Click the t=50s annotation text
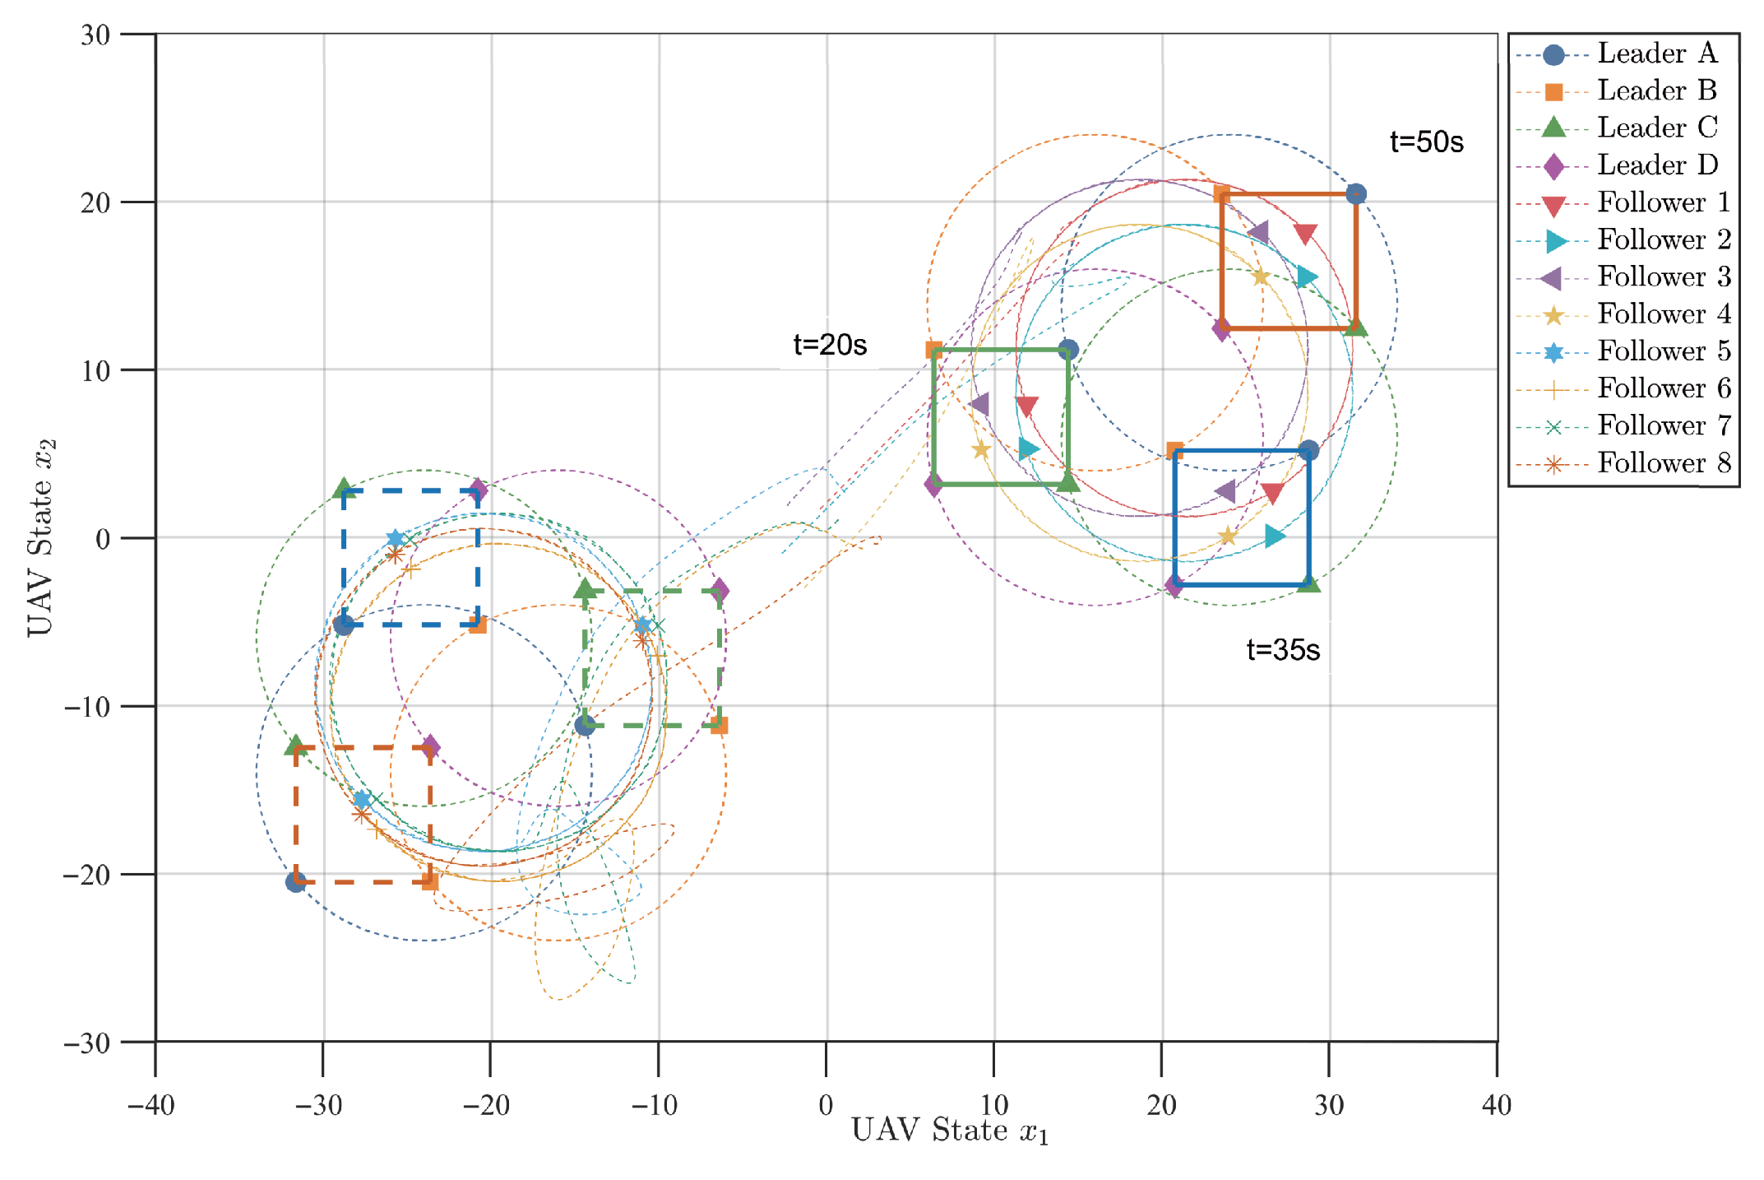(x=1426, y=142)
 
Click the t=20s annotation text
(x=829, y=344)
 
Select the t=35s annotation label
(x=1282, y=649)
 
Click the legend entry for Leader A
(x=1656, y=53)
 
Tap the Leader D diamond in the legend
(x=1553, y=165)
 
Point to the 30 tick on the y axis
(x=95, y=35)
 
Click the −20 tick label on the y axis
(x=87, y=874)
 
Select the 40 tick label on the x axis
(x=1496, y=1104)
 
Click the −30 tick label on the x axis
(x=318, y=1104)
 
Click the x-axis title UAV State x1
(x=949, y=1131)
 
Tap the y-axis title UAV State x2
(x=39, y=537)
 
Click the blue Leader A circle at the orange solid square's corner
(x=1356, y=194)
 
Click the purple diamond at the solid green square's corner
(x=933, y=484)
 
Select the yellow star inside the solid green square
(x=980, y=449)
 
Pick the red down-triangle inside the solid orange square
(x=1305, y=234)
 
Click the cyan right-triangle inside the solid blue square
(x=1274, y=537)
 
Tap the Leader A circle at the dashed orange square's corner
(x=295, y=882)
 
